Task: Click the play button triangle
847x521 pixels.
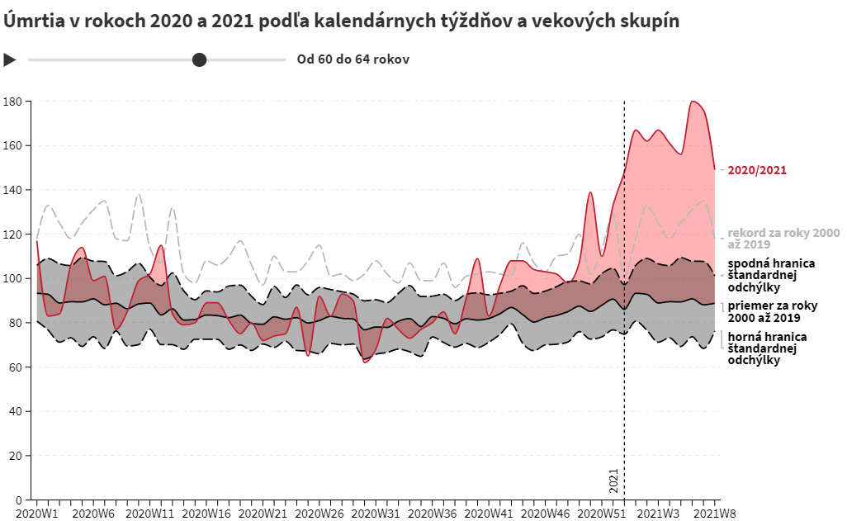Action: pyautogui.click(x=10, y=59)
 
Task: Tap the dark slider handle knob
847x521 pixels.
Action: pyautogui.click(x=199, y=59)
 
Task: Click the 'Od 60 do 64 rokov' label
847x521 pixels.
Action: pyautogui.click(x=353, y=59)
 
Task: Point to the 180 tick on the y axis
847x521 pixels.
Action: pyautogui.click(x=14, y=102)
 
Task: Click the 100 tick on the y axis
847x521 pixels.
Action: pyautogui.click(x=14, y=278)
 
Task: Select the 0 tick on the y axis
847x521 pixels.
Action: pyautogui.click(x=19, y=500)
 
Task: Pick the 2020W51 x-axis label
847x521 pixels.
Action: pyautogui.click(x=602, y=513)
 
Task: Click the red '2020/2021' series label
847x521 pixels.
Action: pyautogui.click(x=757, y=171)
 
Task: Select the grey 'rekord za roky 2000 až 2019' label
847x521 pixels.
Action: pyautogui.click(x=783, y=239)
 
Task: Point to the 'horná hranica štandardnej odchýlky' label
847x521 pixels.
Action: pyautogui.click(x=767, y=348)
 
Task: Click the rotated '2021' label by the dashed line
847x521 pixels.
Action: pyautogui.click(x=613, y=480)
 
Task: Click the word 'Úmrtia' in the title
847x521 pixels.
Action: pyautogui.click(x=31, y=21)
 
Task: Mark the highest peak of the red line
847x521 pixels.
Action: pyautogui.click(x=693, y=102)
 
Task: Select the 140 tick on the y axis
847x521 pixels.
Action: pyautogui.click(x=14, y=190)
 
